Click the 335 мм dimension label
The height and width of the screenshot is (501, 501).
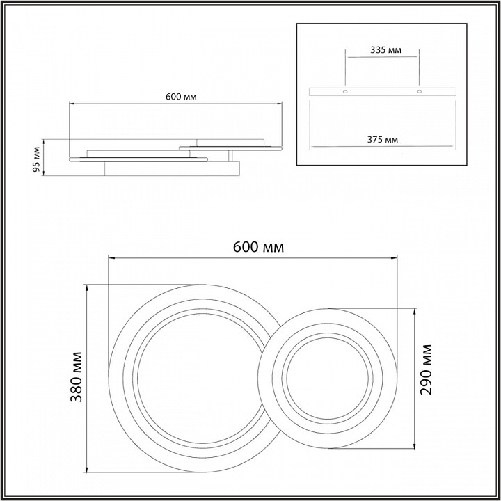coord(385,50)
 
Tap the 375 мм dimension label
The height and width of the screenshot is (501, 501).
coord(383,140)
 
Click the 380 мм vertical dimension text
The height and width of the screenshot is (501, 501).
coord(77,376)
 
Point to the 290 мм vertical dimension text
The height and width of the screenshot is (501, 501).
coord(426,369)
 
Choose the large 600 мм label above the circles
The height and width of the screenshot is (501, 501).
coord(258,247)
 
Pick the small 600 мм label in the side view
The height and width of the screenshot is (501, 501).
coord(181,97)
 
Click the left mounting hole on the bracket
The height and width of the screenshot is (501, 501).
coord(345,92)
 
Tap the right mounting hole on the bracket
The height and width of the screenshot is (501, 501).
coord(420,92)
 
